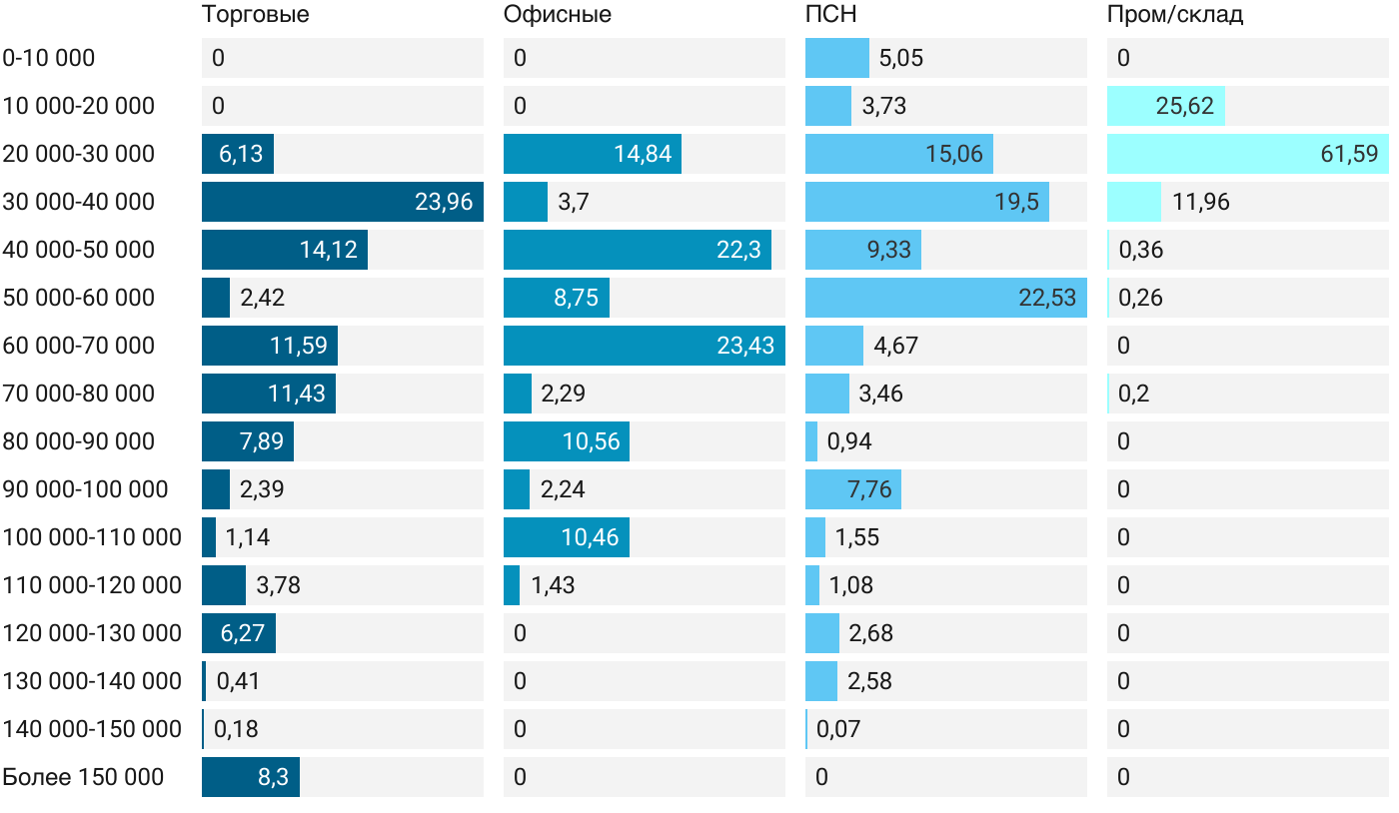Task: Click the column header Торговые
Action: [x=255, y=15]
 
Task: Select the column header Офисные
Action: [x=557, y=15]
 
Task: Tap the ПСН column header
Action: [x=830, y=15]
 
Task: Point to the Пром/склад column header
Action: [x=1174, y=15]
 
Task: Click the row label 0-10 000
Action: [x=49, y=58]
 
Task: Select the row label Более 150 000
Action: [x=83, y=777]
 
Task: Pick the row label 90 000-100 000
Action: [x=85, y=489]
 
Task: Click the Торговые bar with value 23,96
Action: [x=342, y=202]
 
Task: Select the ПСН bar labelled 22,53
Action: [x=945, y=298]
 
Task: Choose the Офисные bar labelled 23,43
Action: [x=644, y=346]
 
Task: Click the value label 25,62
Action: [x=1184, y=106]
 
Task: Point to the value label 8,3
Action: [x=273, y=777]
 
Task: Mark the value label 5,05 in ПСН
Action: [x=900, y=58]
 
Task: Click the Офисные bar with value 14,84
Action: [x=592, y=154]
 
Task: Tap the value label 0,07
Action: [x=837, y=729]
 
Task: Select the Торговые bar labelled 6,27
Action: [x=238, y=633]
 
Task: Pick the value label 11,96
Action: [x=1200, y=202]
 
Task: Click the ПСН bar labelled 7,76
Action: [x=852, y=489]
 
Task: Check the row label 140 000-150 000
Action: [x=92, y=729]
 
